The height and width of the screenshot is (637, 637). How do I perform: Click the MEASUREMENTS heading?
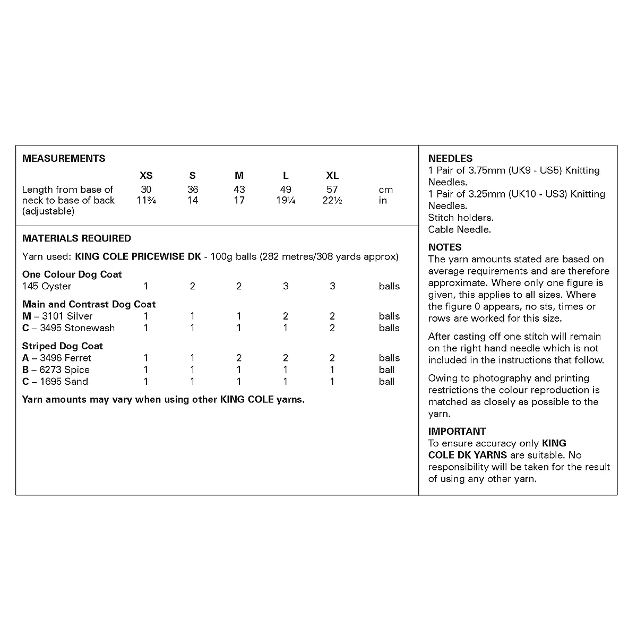(64, 158)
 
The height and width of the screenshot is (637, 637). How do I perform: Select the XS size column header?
(146, 176)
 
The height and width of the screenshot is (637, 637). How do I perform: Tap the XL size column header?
(332, 176)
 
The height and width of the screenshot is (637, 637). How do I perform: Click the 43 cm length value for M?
(239, 190)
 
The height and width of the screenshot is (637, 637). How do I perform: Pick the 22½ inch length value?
(332, 201)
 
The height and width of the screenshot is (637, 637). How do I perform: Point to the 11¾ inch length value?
(146, 201)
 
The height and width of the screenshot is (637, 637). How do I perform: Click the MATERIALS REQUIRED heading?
(76, 238)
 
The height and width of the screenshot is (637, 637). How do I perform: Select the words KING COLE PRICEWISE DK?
(138, 256)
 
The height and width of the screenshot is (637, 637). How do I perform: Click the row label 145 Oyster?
(47, 286)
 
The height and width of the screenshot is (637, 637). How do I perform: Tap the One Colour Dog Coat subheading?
(72, 274)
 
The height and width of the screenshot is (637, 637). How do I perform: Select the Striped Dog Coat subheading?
(63, 346)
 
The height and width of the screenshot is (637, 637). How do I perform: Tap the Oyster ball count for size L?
(286, 286)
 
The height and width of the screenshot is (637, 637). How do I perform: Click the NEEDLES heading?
(450, 158)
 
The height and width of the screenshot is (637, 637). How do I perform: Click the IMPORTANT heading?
(457, 431)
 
